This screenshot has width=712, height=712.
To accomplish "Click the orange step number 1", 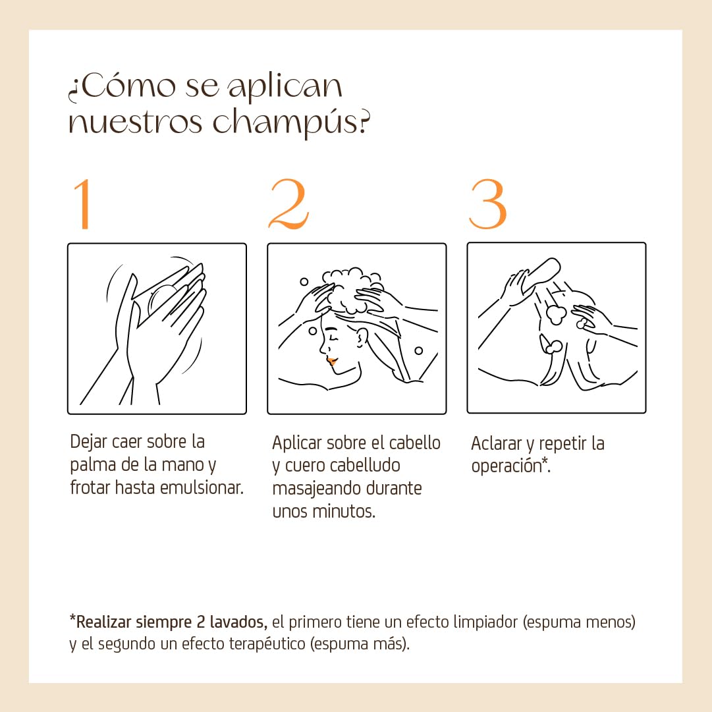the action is tap(83, 204).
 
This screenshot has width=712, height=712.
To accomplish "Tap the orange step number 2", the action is tap(288, 204).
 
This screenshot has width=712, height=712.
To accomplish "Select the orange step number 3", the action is tap(487, 204).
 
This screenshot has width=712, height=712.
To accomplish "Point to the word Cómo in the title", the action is tap(128, 86).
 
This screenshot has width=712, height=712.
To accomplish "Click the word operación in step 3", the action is tap(507, 466).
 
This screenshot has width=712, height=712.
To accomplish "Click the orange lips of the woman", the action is tap(332, 362).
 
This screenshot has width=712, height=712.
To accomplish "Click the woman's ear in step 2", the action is tap(362, 337).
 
